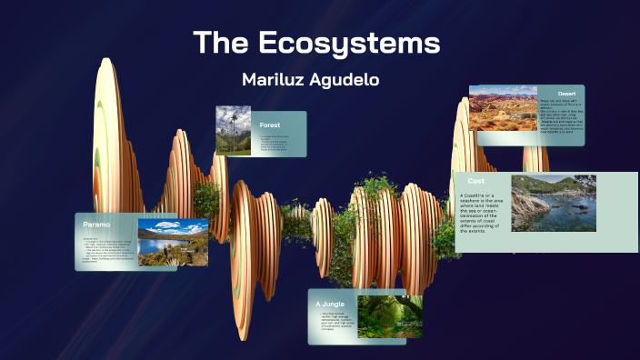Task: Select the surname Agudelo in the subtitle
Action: pos(345,80)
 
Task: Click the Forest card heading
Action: pos(270,125)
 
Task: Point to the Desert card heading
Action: pos(566,93)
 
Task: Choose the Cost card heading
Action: pos(475,181)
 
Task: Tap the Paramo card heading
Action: pos(96,224)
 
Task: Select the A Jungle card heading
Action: pos(330,303)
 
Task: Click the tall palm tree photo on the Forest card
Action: pos(233,130)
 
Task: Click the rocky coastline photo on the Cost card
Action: pos(553,204)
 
